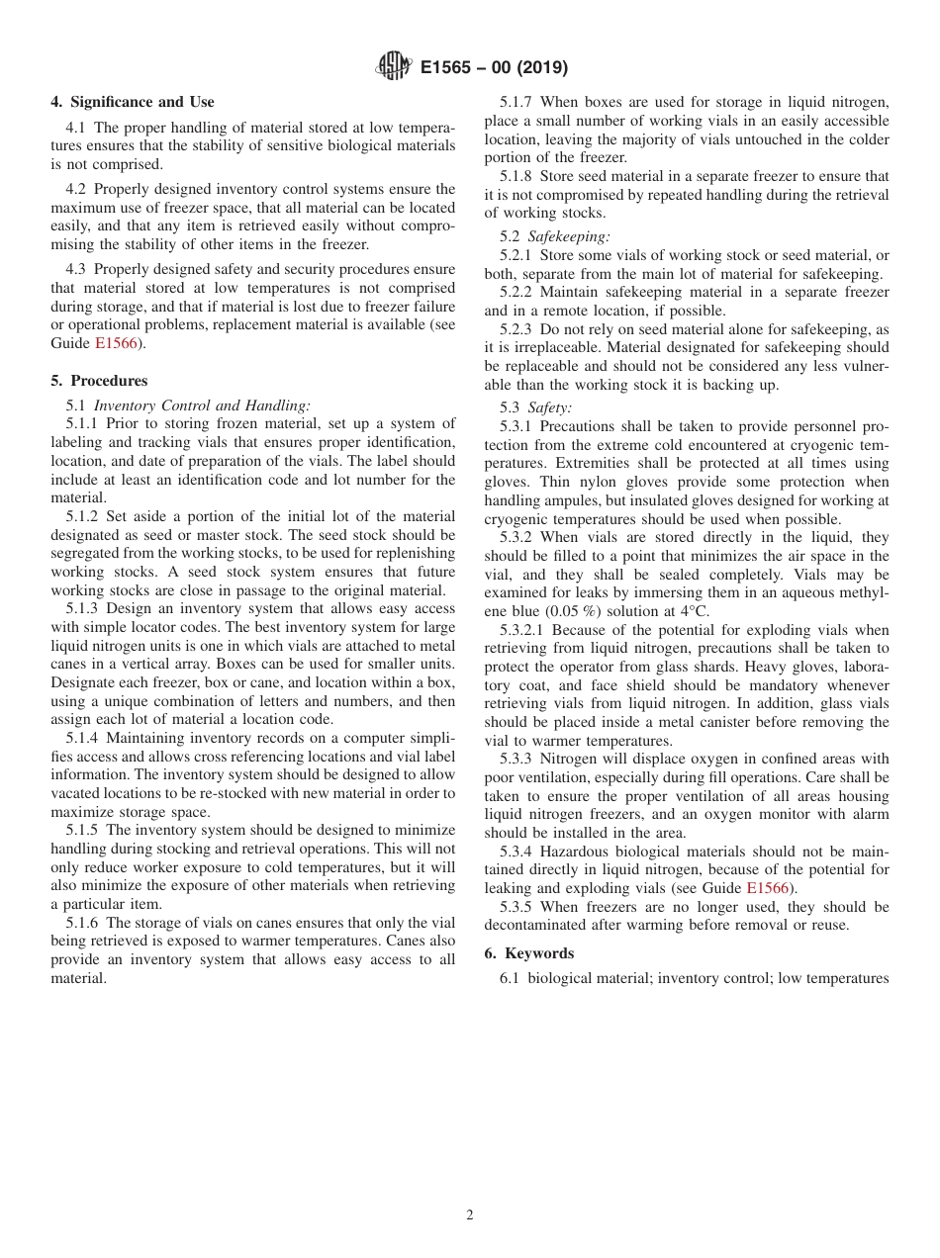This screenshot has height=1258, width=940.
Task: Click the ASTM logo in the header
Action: [x=393, y=67]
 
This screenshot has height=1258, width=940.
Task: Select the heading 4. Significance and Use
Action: [x=133, y=102]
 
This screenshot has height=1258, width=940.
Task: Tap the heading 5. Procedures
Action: [x=99, y=381]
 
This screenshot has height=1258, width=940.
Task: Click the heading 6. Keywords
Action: [x=528, y=953]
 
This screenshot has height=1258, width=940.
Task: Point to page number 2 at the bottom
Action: [x=470, y=1215]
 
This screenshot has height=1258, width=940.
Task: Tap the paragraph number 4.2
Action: [x=79, y=189]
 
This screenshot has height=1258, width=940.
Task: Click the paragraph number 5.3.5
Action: [x=517, y=907]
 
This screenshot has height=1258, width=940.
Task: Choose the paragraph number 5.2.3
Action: [x=517, y=329]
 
